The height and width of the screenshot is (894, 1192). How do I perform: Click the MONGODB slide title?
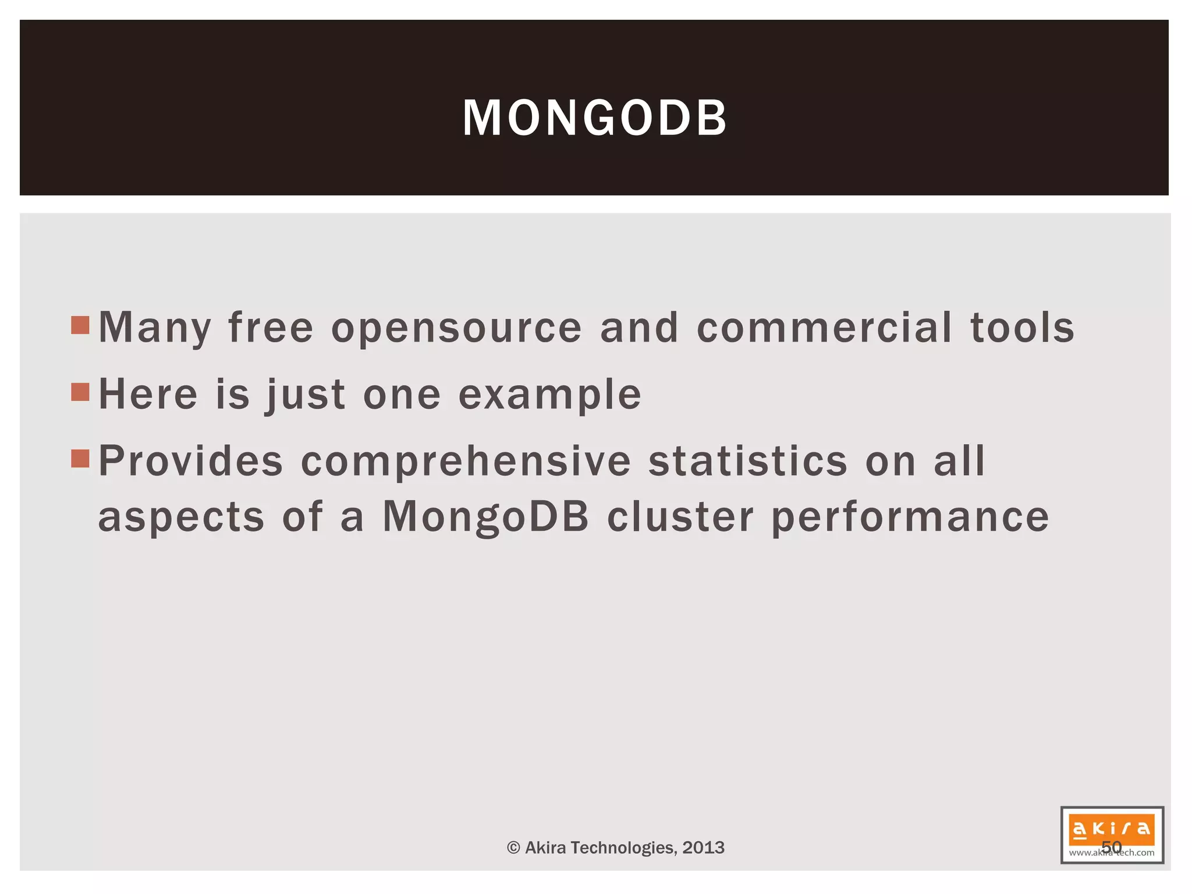point(594,118)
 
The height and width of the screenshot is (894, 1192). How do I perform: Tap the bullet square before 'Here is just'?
point(80,392)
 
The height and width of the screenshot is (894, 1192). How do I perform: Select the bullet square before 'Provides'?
point(80,459)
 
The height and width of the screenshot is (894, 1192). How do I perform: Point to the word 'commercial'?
point(824,328)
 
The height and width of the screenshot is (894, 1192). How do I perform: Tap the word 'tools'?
point(1022,328)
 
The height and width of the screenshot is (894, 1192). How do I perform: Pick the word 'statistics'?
point(748,461)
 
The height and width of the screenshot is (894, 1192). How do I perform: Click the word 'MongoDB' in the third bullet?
point(485,517)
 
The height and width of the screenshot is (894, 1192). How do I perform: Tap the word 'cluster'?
point(680,517)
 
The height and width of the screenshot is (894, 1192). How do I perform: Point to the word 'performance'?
point(910,518)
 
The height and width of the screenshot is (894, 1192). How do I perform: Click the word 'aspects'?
point(181,518)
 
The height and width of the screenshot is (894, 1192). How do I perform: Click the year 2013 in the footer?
point(703,847)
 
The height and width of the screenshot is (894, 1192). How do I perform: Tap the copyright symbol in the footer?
point(513,847)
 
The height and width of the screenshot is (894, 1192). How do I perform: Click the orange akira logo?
point(1111,829)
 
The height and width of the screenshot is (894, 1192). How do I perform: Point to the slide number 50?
point(1111,847)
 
